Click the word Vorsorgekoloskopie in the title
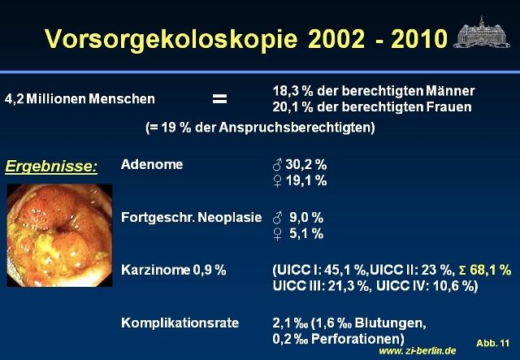[x=171, y=39]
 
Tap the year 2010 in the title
[x=419, y=39]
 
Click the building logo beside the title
[x=482, y=33]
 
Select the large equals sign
[x=219, y=98]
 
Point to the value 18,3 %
[x=292, y=91]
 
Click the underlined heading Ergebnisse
[x=51, y=166]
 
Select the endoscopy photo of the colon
[x=59, y=235]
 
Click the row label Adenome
[x=152, y=164]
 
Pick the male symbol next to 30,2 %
[x=277, y=165]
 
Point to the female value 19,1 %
[x=306, y=181]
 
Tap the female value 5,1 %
[x=306, y=234]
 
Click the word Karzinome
[x=155, y=270]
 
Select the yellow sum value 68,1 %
[x=491, y=270]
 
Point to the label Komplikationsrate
[x=180, y=323]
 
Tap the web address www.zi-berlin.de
[x=417, y=351]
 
